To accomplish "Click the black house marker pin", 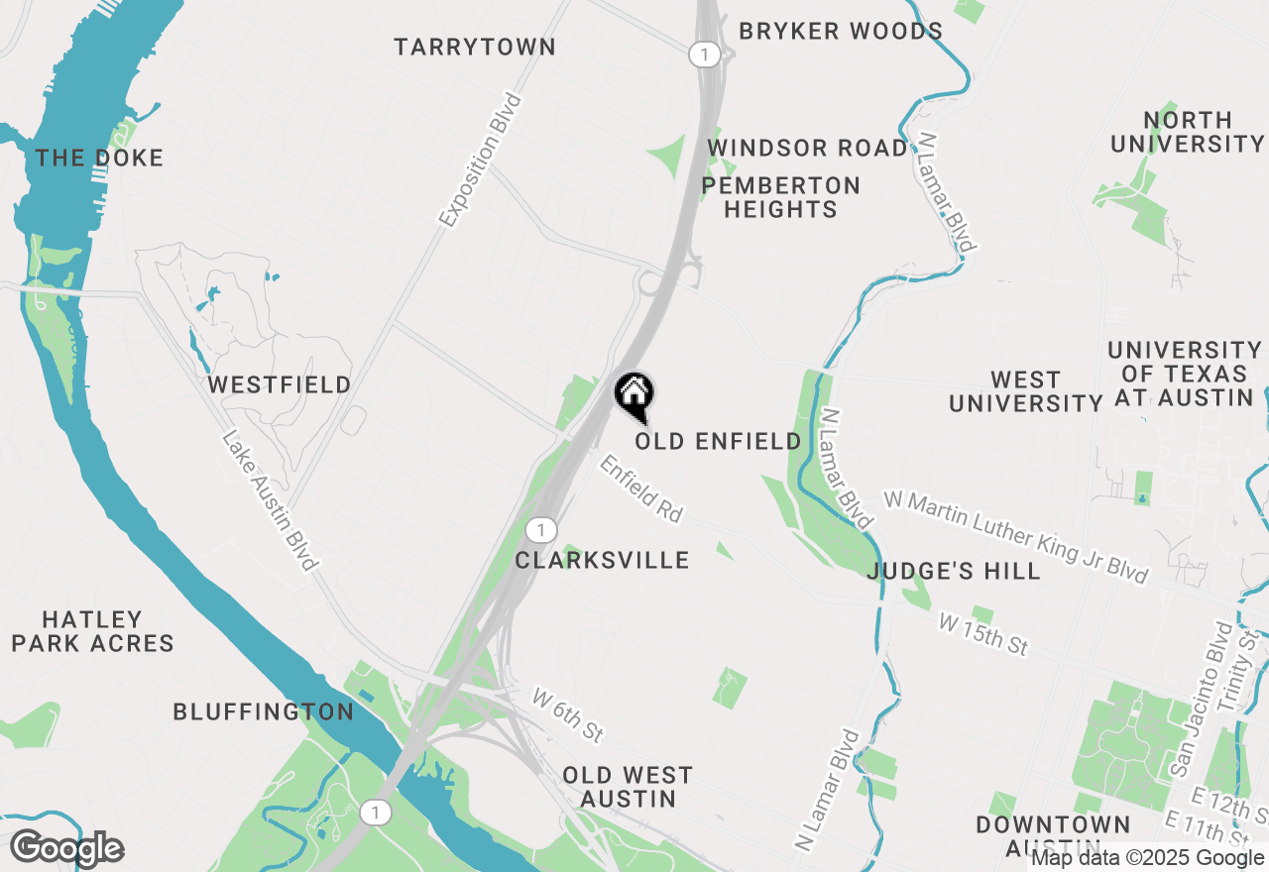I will click(634, 396).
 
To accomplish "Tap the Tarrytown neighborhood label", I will click(475, 47).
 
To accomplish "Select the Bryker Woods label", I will click(841, 31).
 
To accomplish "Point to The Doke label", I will click(99, 158).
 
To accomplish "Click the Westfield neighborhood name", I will click(280, 384).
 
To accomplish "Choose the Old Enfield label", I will click(718, 441).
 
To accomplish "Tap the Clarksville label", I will click(602, 560).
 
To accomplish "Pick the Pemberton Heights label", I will click(781, 197).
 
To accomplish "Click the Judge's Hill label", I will click(954, 571).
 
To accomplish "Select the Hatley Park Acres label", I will click(93, 631).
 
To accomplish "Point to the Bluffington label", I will click(263, 711).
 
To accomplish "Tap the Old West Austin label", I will click(628, 786).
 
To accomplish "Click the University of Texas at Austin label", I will click(1184, 374).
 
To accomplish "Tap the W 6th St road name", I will click(567, 714).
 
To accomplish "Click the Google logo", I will click(66, 848).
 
